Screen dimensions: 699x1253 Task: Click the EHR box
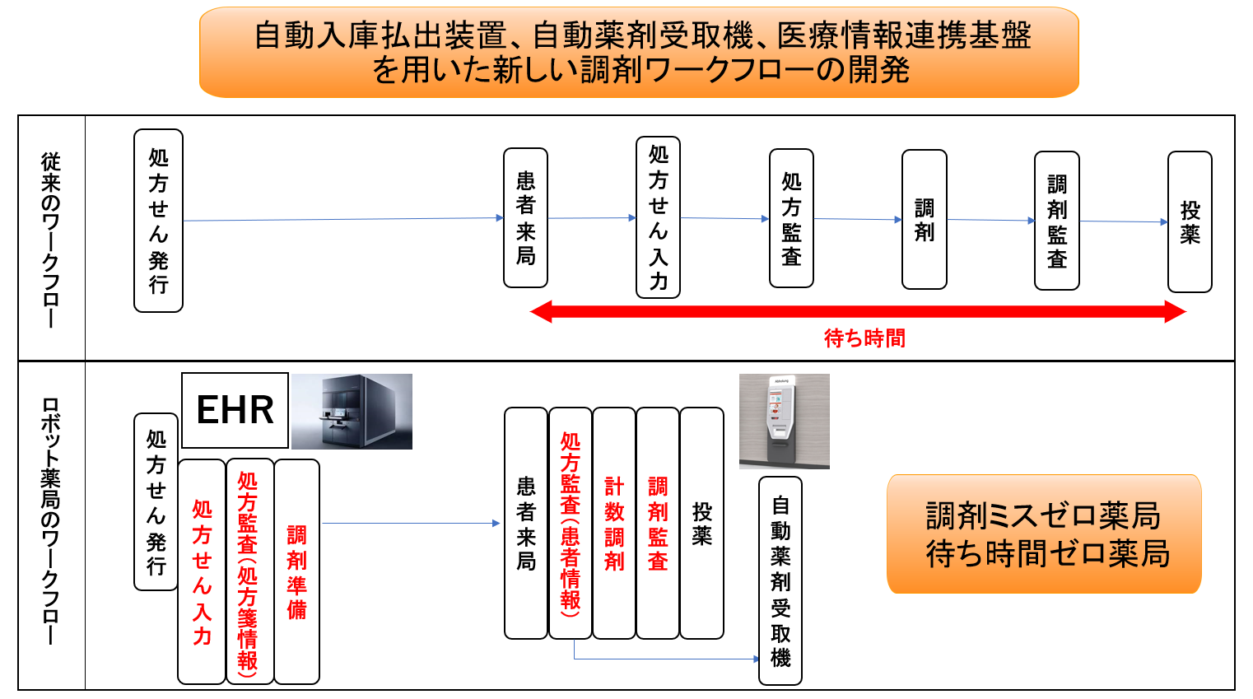click(235, 410)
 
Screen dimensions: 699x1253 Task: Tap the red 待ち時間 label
click(864, 338)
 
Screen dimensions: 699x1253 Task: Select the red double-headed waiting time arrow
click(858, 311)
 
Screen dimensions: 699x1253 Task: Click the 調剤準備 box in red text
click(296, 571)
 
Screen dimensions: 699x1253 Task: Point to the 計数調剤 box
click(614, 523)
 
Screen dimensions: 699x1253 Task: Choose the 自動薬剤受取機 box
click(780, 580)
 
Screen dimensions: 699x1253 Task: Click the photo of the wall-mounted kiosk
click(784, 421)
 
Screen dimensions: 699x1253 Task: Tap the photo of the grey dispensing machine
click(352, 411)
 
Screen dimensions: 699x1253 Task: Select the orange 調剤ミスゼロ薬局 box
click(1044, 534)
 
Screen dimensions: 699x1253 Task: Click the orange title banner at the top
click(639, 53)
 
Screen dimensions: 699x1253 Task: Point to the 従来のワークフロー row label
click(51, 238)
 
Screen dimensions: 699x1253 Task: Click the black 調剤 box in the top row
click(924, 220)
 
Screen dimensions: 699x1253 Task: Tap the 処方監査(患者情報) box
click(571, 523)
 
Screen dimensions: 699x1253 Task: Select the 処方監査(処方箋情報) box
click(249, 571)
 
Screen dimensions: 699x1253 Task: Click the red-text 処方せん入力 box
click(202, 571)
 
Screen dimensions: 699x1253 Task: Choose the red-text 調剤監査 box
click(658, 523)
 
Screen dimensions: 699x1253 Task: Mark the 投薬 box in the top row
click(1190, 221)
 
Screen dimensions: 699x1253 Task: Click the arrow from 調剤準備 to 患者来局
click(411, 523)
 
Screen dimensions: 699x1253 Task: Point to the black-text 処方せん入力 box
click(658, 217)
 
